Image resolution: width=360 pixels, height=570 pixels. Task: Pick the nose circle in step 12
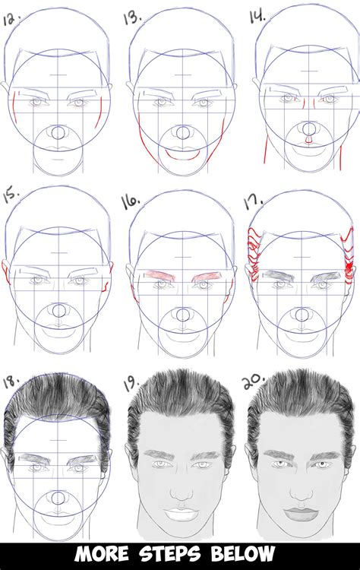tap(58, 135)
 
